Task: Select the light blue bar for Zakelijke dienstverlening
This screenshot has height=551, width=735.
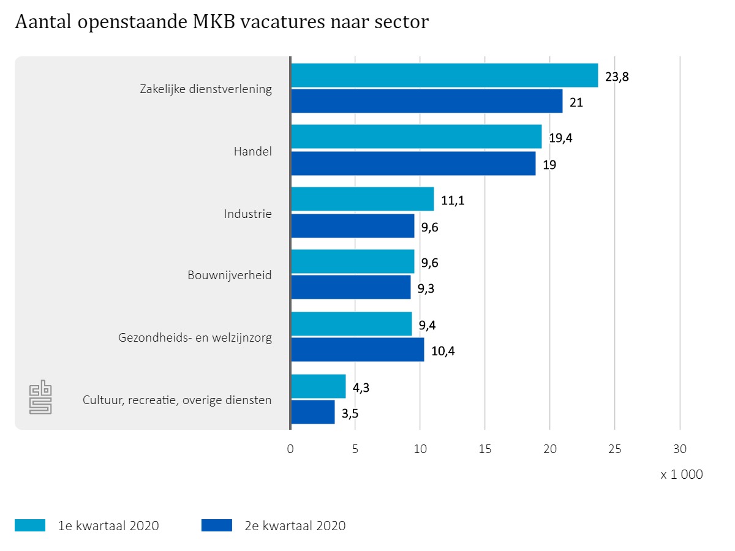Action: click(x=444, y=75)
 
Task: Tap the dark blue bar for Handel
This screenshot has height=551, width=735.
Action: click(x=413, y=163)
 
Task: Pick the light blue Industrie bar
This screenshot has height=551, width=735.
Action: click(x=362, y=199)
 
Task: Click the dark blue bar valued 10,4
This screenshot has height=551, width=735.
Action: click(x=357, y=350)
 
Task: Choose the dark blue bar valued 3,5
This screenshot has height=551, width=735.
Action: click(x=312, y=412)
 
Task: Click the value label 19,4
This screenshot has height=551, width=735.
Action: click(x=560, y=138)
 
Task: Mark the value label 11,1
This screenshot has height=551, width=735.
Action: click(x=453, y=200)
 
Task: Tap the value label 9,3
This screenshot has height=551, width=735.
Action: click(x=428, y=288)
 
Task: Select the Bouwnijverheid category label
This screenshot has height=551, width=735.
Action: click(x=230, y=275)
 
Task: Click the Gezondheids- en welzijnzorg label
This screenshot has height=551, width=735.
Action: click(x=195, y=337)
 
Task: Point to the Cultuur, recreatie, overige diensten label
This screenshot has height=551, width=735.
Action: click(x=177, y=400)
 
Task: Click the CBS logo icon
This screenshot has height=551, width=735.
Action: click(x=41, y=397)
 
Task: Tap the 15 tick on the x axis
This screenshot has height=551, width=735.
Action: click(x=484, y=449)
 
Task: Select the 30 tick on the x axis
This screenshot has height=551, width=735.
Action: click(x=680, y=449)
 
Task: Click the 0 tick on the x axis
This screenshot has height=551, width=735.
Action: click(x=290, y=449)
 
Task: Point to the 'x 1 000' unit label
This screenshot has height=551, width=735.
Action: click(x=682, y=474)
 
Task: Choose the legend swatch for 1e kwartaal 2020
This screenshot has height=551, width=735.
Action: click(x=30, y=525)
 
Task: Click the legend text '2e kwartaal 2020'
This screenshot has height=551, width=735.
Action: click(x=295, y=525)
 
